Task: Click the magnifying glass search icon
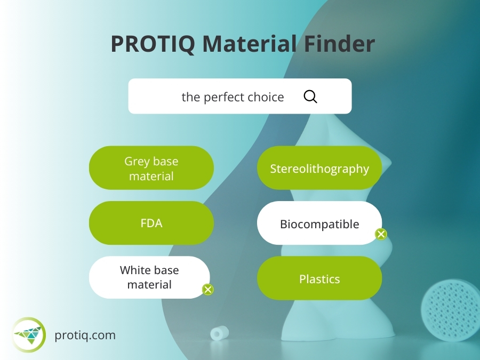tap(310, 97)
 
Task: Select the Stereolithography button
tap(319, 169)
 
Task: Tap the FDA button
tap(151, 223)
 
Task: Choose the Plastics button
tap(319, 278)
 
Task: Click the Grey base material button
tap(151, 168)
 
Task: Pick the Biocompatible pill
tap(319, 223)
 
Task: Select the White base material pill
tap(149, 277)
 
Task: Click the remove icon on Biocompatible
tap(381, 234)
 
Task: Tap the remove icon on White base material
tap(208, 290)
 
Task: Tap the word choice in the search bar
tap(266, 97)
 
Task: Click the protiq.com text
tap(85, 335)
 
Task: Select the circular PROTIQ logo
tap(29, 334)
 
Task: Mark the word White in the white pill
tap(133, 270)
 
